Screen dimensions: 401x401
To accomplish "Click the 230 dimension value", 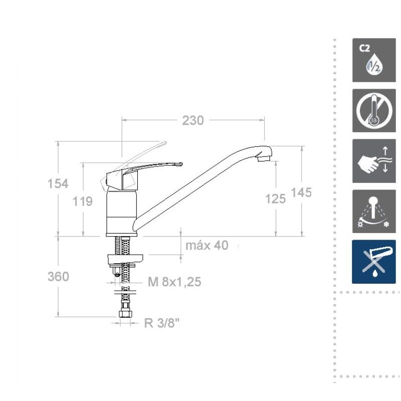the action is pyautogui.click(x=193, y=120).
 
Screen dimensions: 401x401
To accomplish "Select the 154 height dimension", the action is pyautogui.click(x=58, y=183).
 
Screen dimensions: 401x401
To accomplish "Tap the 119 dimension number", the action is pyautogui.click(x=82, y=202).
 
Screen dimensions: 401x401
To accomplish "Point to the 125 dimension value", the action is pyautogui.click(x=275, y=198).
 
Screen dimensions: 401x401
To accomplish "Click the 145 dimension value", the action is pyautogui.click(x=301, y=192).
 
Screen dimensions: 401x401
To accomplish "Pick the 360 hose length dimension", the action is pyautogui.click(x=58, y=277).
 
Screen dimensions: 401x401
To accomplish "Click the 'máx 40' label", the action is pyautogui.click(x=207, y=245).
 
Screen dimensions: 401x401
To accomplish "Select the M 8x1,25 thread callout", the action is pyautogui.click(x=174, y=282).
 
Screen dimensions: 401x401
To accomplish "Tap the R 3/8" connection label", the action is pyautogui.click(x=162, y=323).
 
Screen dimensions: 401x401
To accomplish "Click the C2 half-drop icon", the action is pyautogui.click(x=374, y=60).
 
